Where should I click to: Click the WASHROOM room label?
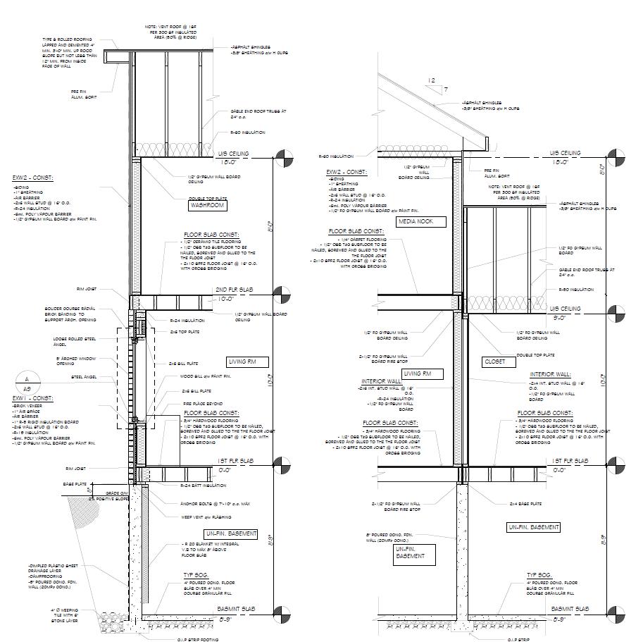click(207, 206)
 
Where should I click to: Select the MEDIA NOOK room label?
click(421, 222)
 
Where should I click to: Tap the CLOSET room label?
click(494, 362)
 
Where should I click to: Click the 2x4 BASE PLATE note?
click(525, 504)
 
